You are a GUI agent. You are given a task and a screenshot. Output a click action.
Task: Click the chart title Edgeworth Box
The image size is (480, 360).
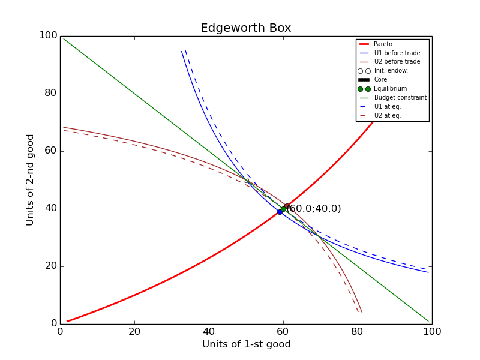(245, 28)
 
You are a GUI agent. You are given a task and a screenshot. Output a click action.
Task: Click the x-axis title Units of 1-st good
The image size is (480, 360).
(246, 344)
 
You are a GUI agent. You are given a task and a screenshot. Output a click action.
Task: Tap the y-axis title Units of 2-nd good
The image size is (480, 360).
(31, 180)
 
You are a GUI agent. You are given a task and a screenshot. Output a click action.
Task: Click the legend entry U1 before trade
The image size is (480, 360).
(397, 53)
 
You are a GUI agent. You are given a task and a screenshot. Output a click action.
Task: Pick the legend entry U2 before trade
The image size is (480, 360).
(397, 62)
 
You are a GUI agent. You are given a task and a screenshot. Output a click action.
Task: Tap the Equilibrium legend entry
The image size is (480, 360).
(390, 89)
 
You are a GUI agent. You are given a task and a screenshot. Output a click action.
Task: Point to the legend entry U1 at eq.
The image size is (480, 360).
(387, 106)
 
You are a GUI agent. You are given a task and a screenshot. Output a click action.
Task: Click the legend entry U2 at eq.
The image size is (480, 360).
(387, 115)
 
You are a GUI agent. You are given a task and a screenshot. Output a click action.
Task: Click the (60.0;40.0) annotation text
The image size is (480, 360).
(314, 209)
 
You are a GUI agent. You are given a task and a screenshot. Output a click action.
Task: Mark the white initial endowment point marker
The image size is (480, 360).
(246, 180)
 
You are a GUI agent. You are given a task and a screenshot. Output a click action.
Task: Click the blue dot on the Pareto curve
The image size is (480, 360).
(280, 212)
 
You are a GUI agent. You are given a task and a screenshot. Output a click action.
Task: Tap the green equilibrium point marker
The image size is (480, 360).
(283, 209)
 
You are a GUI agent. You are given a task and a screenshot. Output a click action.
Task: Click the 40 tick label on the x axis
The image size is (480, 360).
(209, 331)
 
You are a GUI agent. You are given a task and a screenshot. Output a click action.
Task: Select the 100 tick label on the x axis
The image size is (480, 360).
(432, 331)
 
